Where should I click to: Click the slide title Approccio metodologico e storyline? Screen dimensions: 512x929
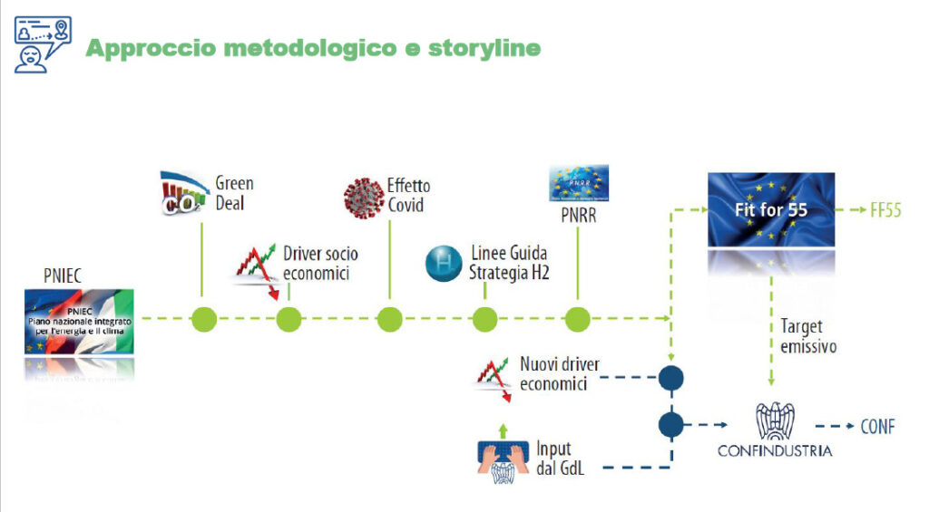pos(313,47)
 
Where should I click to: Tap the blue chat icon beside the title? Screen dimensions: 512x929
pos(42,43)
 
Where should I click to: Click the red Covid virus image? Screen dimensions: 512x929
pos(364,198)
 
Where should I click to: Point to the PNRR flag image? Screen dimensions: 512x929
pos(579,183)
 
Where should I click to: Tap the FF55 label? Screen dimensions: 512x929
pos(885,211)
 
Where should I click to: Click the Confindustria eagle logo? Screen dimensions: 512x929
pos(774,420)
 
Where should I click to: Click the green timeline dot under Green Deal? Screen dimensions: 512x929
pos(204,319)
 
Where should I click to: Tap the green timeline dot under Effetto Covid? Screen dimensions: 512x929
pos(389,319)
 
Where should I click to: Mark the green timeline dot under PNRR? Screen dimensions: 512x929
pos(578,319)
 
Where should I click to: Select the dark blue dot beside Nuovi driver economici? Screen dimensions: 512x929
pos(671,377)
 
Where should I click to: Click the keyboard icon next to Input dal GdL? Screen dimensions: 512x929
pos(504,457)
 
